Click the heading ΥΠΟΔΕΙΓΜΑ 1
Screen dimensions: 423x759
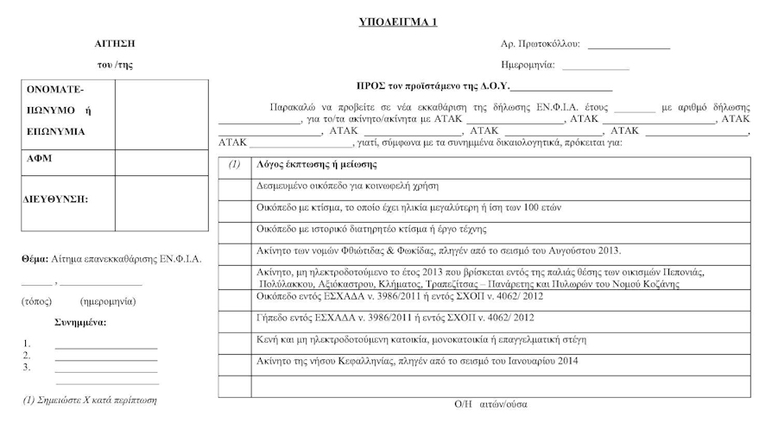(397, 22)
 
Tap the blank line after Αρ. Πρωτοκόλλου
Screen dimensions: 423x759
(629, 46)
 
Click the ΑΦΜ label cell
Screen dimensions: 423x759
(69, 161)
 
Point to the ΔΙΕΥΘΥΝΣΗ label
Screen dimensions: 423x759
(56, 199)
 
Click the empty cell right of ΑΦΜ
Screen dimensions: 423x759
(161, 161)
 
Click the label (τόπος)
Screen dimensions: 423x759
(37, 301)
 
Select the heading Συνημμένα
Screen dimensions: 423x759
(80, 322)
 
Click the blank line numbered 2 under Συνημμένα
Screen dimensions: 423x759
(105, 356)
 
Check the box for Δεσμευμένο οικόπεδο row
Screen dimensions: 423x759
(234, 186)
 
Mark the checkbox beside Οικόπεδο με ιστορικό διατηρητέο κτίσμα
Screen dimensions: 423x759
(234, 230)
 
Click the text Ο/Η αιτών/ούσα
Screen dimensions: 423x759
(490, 404)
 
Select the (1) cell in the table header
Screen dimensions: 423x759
(234, 164)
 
